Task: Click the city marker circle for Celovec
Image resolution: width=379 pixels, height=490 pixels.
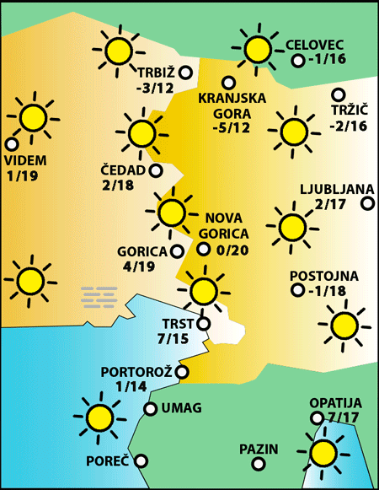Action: click(x=297, y=61)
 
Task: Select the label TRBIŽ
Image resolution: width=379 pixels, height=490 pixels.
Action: click(x=152, y=72)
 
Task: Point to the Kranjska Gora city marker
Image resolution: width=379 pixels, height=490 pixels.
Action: click(x=227, y=83)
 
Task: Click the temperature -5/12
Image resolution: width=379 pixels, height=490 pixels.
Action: click(x=232, y=127)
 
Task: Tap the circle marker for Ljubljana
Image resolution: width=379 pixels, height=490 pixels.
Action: click(x=367, y=203)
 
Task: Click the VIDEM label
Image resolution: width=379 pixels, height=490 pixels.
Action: click(x=25, y=160)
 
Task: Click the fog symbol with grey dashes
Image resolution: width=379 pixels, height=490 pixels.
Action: click(x=99, y=295)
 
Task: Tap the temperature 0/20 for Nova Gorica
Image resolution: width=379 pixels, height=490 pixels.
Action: click(x=232, y=250)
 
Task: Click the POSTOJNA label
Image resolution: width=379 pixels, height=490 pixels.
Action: click(x=323, y=276)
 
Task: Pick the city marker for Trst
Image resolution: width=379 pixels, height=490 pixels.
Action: click(x=203, y=321)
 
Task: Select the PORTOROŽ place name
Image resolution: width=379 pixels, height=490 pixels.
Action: click(x=136, y=371)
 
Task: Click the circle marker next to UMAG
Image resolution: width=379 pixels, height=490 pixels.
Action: click(x=150, y=410)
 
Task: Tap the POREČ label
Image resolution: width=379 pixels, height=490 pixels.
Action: click(x=107, y=461)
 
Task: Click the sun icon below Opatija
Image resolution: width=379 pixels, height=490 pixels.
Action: click(x=323, y=453)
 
